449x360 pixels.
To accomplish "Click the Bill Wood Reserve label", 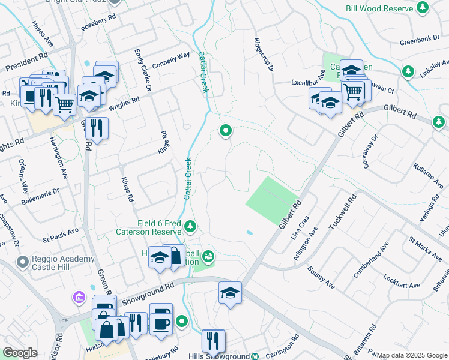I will click(x=379, y=8).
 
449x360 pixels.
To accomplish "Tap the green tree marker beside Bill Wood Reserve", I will click(x=423, y=8).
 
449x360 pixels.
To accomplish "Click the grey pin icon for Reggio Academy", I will click(x=23, y=262).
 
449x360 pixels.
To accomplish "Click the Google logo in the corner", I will click(x=20, y=353).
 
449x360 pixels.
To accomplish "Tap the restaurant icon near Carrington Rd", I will click(x=213, y=341).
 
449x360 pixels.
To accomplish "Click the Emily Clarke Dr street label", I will click(x=143, y=71).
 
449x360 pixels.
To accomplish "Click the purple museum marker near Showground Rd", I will click(x=79, y=297).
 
